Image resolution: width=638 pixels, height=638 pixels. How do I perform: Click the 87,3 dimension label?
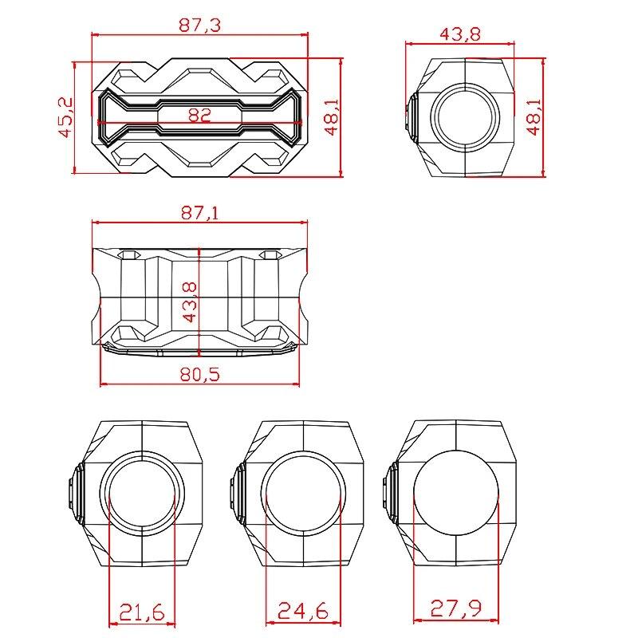[x=199, y=25]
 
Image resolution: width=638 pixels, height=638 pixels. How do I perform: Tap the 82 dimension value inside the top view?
[x=199, y=115]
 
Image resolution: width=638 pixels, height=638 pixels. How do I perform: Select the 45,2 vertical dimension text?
[x=66, y=117]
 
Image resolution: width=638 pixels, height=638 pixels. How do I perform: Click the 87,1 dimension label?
[x=199, y=212]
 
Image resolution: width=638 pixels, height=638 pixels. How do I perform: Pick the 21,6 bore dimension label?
[x=141, y=612]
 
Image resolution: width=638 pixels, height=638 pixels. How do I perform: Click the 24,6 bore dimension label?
[x=302, y=612]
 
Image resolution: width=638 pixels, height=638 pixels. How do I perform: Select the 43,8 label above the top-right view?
[x=460, y=34]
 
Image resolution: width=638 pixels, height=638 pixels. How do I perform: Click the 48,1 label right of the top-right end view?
[x=534, y=117]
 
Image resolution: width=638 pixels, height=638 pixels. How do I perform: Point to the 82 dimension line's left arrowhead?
[x=100, y=124]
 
